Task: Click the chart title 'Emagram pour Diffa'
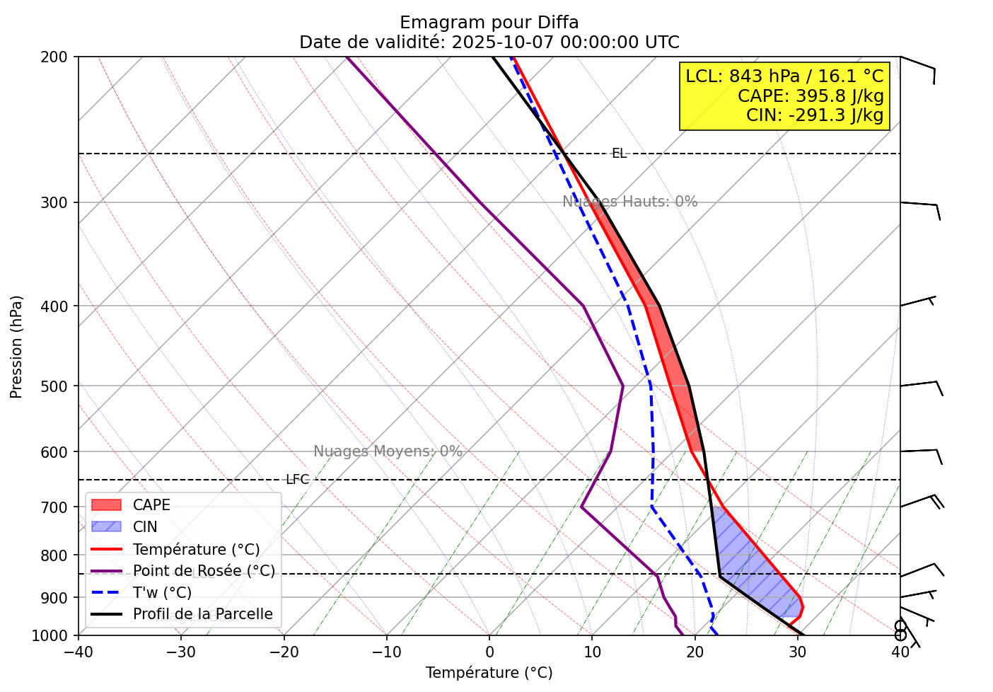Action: (x=489, y=23)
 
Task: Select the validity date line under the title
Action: (x=489, y=42)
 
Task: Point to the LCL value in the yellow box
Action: (x=784, y=76)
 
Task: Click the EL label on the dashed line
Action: (x=619, y=154)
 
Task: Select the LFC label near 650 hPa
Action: (x=297, y=480)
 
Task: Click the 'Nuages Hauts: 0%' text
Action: (x=629, y=202)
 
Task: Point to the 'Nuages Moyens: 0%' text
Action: (x=388, y=451)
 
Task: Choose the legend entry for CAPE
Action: (x=151, y=505)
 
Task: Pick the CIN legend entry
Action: (x=145, y=527)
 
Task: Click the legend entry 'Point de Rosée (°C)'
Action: (x=204, y=571)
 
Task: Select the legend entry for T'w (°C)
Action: (x=162, y=593)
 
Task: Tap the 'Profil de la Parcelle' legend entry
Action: (x=202, y=614)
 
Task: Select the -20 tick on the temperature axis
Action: (x=284, y=652)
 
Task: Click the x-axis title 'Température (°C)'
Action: (x=489, y=673)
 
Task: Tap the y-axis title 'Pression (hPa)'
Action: (x=16, y=347)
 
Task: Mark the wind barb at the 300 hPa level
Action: (x=921, y=206)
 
